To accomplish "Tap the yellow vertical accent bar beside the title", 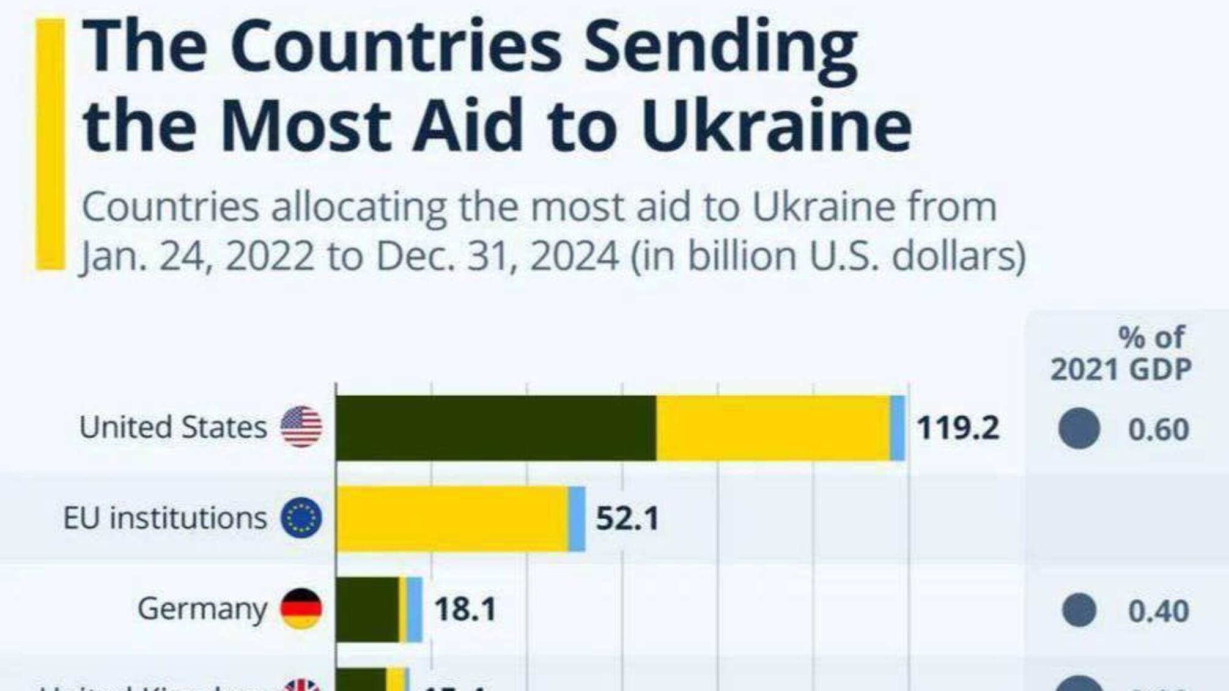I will (x=50, y=144).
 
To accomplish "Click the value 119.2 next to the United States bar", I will (x=958, y=427).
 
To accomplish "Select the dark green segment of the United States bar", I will (x=496, y=427).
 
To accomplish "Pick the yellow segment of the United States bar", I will (x=773, y=427).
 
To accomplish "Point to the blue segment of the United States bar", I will (x=898, y=427).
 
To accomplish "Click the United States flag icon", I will (x=301, y=426).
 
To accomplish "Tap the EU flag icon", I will (x=301, y=517).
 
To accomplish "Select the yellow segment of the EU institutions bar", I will (x=452, y=519).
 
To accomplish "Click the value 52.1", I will (x=627, y=519).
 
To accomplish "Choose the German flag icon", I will (x=301, y=608).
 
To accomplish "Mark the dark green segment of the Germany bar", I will (x=367, y=609).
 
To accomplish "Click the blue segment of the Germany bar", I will (x=415, y=609).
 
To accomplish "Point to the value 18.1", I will (x=465, y=609).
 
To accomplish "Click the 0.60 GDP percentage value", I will (x=1158, y=429).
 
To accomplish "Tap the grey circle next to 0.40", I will (x=1079, y=610).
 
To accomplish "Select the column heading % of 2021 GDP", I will (x=1121, y=353).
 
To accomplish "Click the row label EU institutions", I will (x=165, y=518).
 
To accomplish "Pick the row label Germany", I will (x=202, y=608).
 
